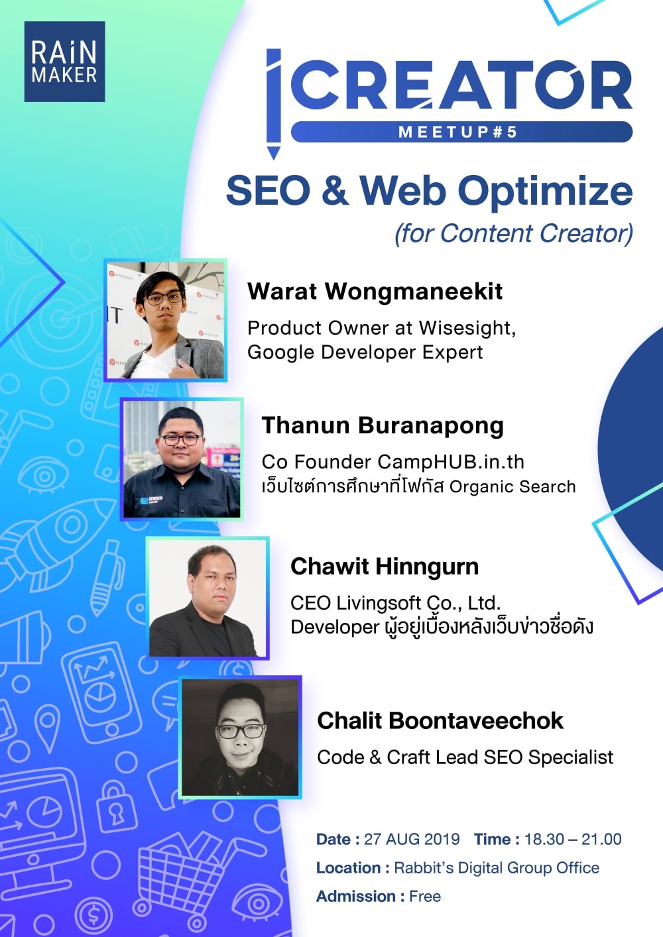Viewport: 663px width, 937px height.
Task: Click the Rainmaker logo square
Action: click(64, 62)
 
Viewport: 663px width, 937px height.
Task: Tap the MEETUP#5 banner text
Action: click(458, 132)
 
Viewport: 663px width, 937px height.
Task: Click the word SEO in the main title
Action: click(268, 191)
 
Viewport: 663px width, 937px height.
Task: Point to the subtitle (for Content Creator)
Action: click(514, 233)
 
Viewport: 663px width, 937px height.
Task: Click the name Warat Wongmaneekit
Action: click(375, 291)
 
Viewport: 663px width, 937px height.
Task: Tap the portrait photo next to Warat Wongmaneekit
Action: click(165, 320)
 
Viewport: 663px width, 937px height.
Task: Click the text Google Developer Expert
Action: click(365, 353)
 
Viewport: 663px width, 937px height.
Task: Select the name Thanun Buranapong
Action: click(383, 425)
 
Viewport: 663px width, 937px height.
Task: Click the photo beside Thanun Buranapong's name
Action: click(182, 459)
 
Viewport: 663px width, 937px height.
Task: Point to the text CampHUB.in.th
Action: click(451, 463)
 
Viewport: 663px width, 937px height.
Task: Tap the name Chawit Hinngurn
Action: click(385, 567)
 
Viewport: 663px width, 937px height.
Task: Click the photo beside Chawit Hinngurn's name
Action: click(207, 598)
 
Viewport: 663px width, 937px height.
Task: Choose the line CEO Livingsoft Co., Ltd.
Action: click(396, 603)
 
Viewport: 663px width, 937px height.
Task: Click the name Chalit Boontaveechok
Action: click(440, 721)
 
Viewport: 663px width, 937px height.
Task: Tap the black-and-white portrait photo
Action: click(240, 737)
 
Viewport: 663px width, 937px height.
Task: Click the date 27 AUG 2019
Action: click(412, 840)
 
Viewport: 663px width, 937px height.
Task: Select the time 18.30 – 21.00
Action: click(573, 840)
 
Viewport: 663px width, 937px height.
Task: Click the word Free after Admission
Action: click(425, 897)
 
